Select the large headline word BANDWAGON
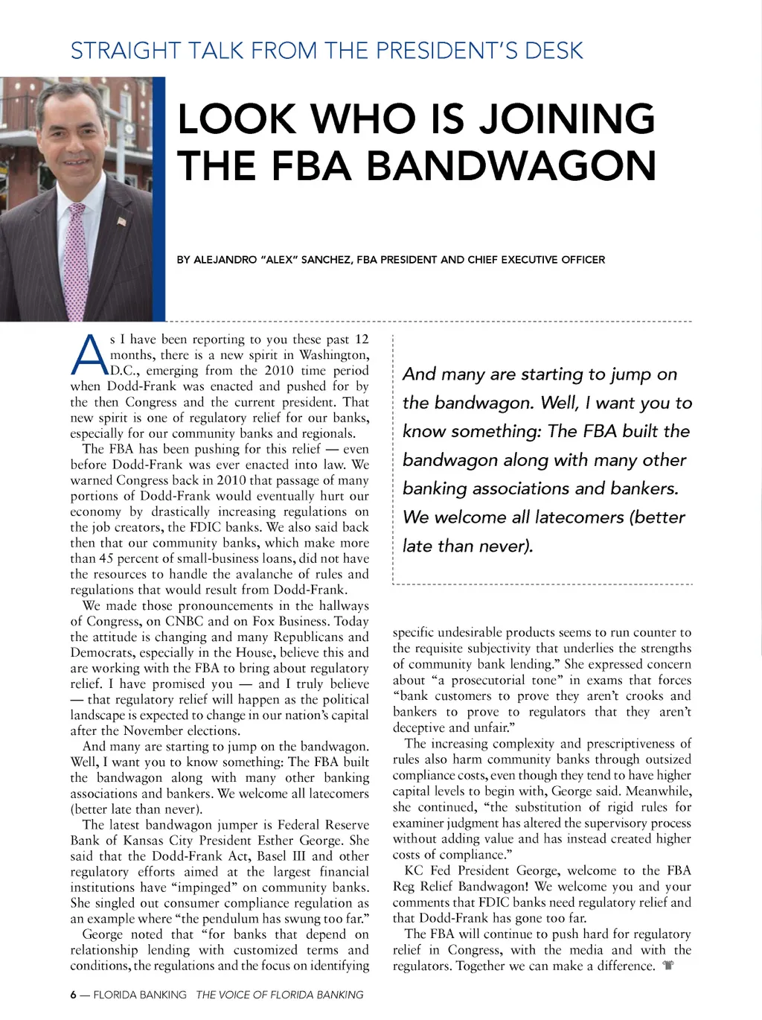[511, 166]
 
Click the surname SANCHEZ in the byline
[325, 260]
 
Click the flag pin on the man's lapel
[122, 220]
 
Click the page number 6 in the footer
[74, 995]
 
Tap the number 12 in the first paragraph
[362, 340]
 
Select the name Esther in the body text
[276, 841]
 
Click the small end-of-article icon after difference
[668, 966]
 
